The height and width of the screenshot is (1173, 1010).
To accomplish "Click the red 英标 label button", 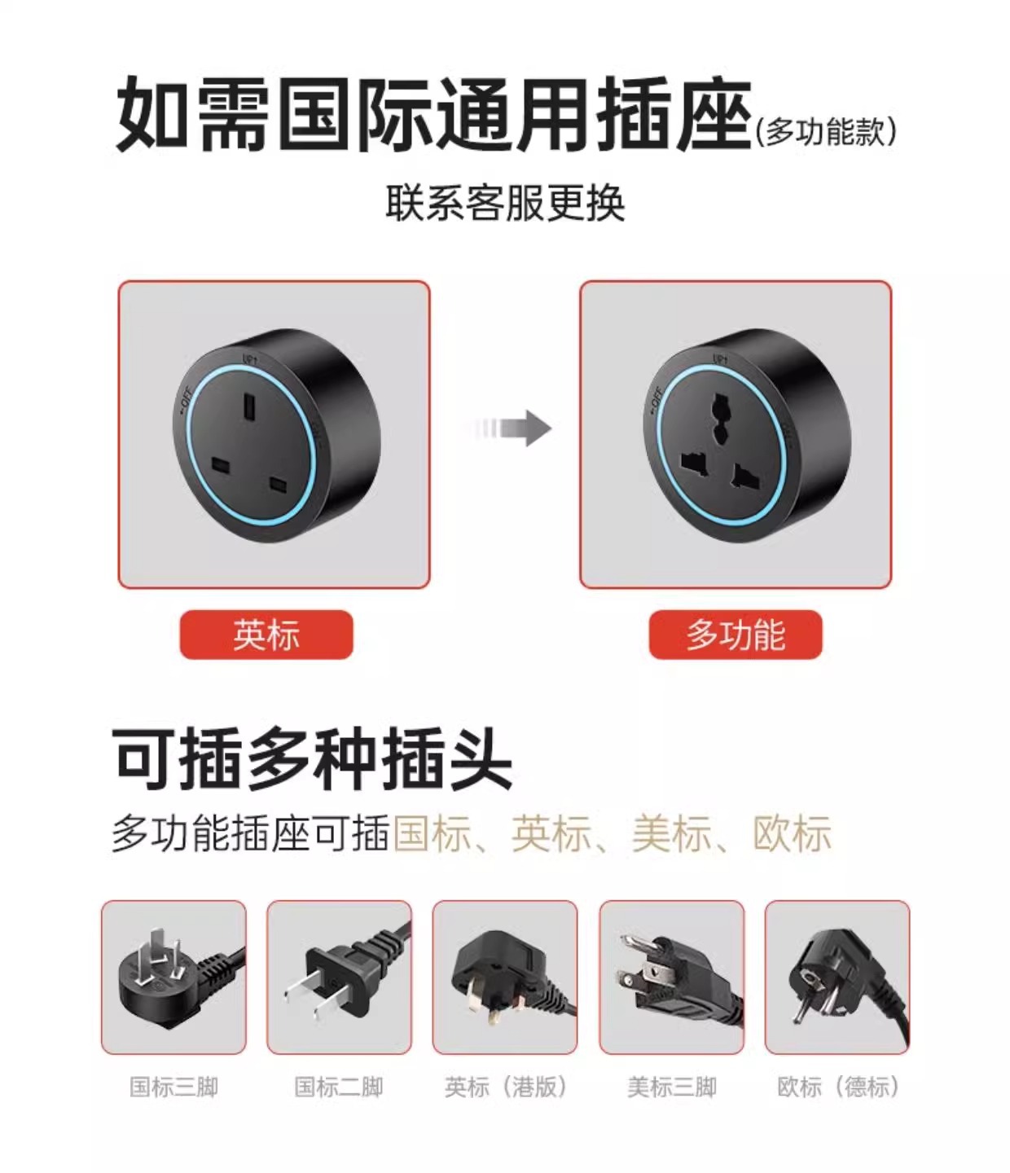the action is click(266, 635).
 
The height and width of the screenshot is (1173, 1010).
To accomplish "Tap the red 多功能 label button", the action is click(736, 635).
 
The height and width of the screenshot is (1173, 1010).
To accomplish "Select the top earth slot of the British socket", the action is click(249, 406).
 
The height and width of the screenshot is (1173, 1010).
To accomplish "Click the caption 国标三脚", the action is click(173, 1087).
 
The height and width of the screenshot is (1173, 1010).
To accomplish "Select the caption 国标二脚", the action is click(339, 1087).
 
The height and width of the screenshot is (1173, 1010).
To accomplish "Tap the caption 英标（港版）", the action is click(505, 1087).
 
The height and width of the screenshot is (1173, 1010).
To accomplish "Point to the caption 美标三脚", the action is click(672, 1087).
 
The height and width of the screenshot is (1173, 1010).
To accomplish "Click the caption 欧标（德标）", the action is click(838, 1087).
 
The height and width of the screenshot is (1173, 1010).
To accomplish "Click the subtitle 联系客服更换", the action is click(506, 203).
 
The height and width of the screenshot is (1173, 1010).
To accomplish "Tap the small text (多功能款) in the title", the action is click(826, 132).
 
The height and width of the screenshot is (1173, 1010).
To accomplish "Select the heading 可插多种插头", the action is click(311, 758).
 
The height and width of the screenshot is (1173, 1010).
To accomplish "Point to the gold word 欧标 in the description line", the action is click(792, 833).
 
